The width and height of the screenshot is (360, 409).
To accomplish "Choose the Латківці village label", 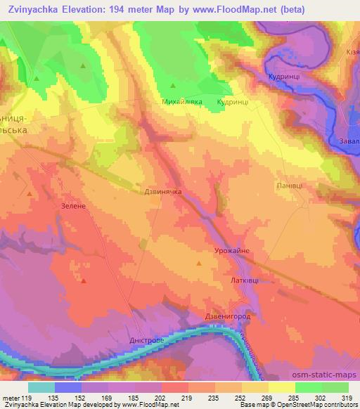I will [x=243, y=280].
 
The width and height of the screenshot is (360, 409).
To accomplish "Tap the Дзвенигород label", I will [x=228, y=317].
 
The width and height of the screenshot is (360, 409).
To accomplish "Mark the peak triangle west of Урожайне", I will [x=199, y=264].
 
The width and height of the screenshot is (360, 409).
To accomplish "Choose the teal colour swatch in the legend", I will [x=41, y=387].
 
